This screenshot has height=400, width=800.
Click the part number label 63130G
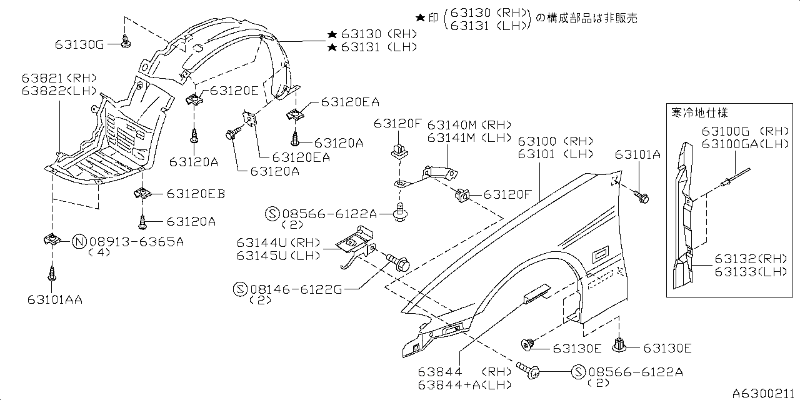(80, 44)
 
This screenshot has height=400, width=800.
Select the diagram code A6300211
(765, 392)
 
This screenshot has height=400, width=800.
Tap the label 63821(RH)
(59, 79)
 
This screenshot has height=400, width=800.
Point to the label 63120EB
(195, 194)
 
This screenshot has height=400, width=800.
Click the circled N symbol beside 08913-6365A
(79, 241)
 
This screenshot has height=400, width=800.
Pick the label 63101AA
(55, 299)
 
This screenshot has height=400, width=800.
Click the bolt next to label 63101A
(643, 197)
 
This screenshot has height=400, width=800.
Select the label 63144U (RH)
(278, 242)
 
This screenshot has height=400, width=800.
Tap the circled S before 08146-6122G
(240, 289)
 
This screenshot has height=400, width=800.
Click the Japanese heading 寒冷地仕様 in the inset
(699, 113)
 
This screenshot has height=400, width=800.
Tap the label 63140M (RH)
(461, 124)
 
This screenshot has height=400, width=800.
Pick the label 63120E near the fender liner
(233, 91)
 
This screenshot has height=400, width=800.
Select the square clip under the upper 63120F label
(397, 151)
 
